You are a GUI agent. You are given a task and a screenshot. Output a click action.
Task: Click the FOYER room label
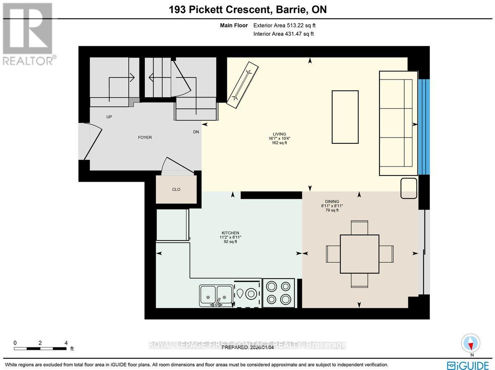tap(145, 138)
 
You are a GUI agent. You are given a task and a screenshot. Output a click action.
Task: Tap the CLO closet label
tap(176, 190)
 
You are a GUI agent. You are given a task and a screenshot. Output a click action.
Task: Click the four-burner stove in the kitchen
tap(278, 293)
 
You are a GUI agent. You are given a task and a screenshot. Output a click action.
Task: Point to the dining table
tap(359, 254)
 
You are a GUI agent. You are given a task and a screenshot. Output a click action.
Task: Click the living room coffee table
tap(345, 117)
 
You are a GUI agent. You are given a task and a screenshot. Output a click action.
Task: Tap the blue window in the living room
tap(424, 126)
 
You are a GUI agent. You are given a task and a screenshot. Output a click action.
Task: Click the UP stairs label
tap(109, 117)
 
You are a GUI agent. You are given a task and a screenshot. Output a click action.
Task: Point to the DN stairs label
tap(196, 132)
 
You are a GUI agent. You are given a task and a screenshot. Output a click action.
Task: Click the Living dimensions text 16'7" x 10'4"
tap(277, 138)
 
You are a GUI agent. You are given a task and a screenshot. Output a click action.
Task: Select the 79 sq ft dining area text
tap(332, 210)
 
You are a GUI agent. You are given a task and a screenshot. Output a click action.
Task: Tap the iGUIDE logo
tap(468, 365)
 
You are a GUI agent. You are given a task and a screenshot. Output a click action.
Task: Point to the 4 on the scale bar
tap(66, 343)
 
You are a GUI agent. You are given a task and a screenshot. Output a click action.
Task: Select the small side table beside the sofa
tap(409, 188)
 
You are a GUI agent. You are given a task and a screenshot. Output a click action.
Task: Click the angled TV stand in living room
tap(243, 85)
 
